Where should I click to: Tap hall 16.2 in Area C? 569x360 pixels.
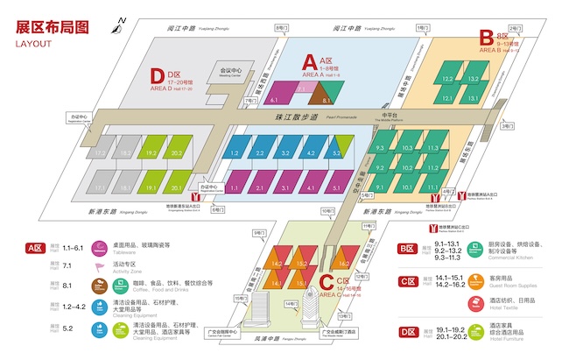coord(343,262)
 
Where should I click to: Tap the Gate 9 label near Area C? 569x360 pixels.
coord(258,233)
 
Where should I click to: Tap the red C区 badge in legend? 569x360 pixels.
coord(407,281)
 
